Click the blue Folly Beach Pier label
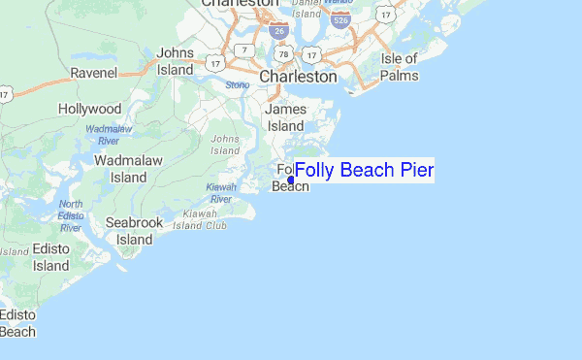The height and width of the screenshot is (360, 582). [364, 171]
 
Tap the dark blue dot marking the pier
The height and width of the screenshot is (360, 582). [291, 180]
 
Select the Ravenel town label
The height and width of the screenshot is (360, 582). [94, 73]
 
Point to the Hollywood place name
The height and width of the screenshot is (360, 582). [89, 109]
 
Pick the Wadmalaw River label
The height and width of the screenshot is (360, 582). [109, 135]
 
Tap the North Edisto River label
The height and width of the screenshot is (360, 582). [71, 215]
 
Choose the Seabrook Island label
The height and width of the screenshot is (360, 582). [135, 230]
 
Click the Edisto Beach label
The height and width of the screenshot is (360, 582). [16, 324]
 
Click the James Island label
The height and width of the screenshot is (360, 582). [285, 117]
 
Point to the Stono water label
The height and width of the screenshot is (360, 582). [238, 84]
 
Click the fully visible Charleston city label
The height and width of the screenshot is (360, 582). [298, 75]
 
